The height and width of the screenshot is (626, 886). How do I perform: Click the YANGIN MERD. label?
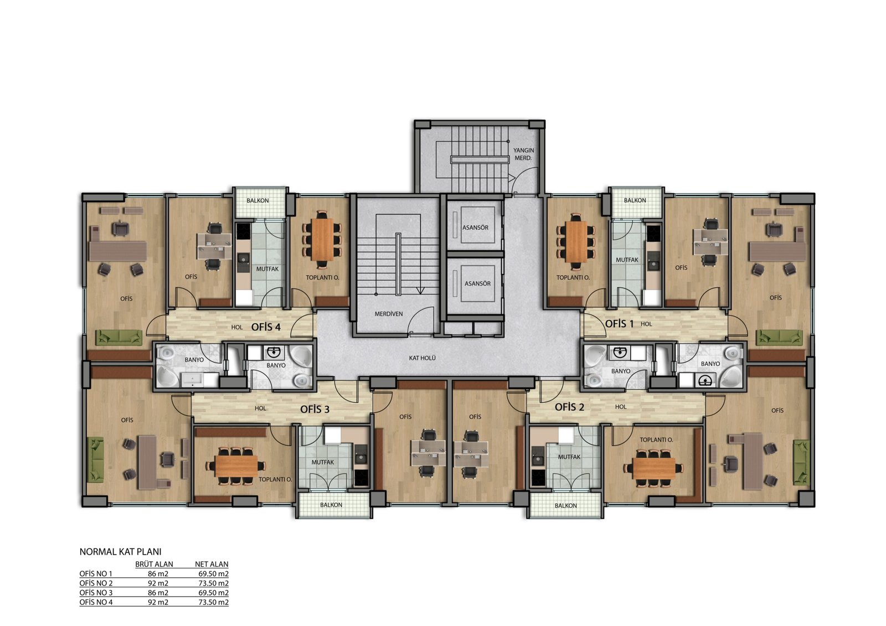tap(523, 154)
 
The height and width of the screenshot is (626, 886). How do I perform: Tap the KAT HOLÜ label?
tap(422, 358)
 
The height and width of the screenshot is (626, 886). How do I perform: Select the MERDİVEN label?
tap(388, 314)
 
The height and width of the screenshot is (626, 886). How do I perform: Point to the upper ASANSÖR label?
tap(475, 228)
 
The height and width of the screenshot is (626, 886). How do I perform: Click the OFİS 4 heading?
tap(266, 327)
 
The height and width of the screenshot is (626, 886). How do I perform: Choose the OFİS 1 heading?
tap(620, 324)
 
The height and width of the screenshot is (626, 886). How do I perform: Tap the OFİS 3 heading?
tap(315, 409)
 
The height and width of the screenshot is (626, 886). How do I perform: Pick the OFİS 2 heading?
tap(569, 407)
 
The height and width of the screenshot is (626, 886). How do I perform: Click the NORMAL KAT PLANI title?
tap(120, 552)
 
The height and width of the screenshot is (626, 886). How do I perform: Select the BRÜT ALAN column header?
tap(154, 565)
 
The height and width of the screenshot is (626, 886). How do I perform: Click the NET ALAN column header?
tap(212, 565)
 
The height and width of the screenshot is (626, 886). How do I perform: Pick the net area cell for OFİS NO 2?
tap(214, 583)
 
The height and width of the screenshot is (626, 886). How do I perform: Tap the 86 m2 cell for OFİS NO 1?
tap(158, 574)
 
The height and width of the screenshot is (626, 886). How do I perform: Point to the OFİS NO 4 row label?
tap(96, 602)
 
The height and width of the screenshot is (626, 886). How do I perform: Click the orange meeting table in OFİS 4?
tap(322, 239)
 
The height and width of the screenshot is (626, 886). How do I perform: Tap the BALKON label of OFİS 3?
tap(331, 505)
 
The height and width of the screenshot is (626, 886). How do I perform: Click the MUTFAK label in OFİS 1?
tap(627, 260)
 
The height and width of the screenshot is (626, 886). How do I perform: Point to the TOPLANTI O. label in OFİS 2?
tap(656, 439)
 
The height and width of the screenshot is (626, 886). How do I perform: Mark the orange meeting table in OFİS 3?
tap(236, 466)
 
